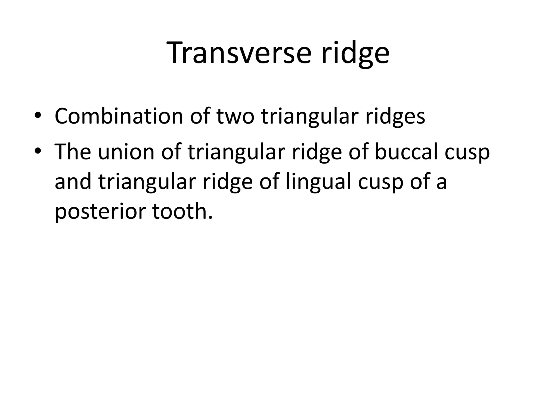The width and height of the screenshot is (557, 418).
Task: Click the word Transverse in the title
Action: (240, 53)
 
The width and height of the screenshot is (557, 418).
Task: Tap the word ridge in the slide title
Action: (355, 53)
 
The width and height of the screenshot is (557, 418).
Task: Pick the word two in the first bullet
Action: (236, 116)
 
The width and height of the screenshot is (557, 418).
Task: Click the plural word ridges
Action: (395, 116)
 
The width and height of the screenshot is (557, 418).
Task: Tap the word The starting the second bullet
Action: (73, 152)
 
